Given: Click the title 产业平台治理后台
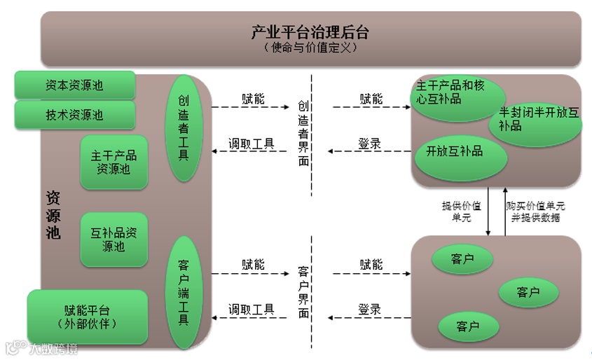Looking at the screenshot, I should [310, 32].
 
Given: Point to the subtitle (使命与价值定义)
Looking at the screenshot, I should [310, 48].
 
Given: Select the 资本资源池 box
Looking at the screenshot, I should [74, 85].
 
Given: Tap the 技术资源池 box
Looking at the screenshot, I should [74, 115].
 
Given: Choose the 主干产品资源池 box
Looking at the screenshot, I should [114, 162].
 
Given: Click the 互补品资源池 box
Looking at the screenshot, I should [114, 240].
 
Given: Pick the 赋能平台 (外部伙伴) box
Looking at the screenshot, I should [88, 317].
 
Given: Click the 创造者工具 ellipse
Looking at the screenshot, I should [184, 128].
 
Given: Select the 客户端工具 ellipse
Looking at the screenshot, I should [184, 293].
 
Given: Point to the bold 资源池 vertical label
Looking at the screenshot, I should [53, 214].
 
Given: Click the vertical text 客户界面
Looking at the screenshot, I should [303, 292].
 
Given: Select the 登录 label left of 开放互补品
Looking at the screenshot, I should [370, 144].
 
